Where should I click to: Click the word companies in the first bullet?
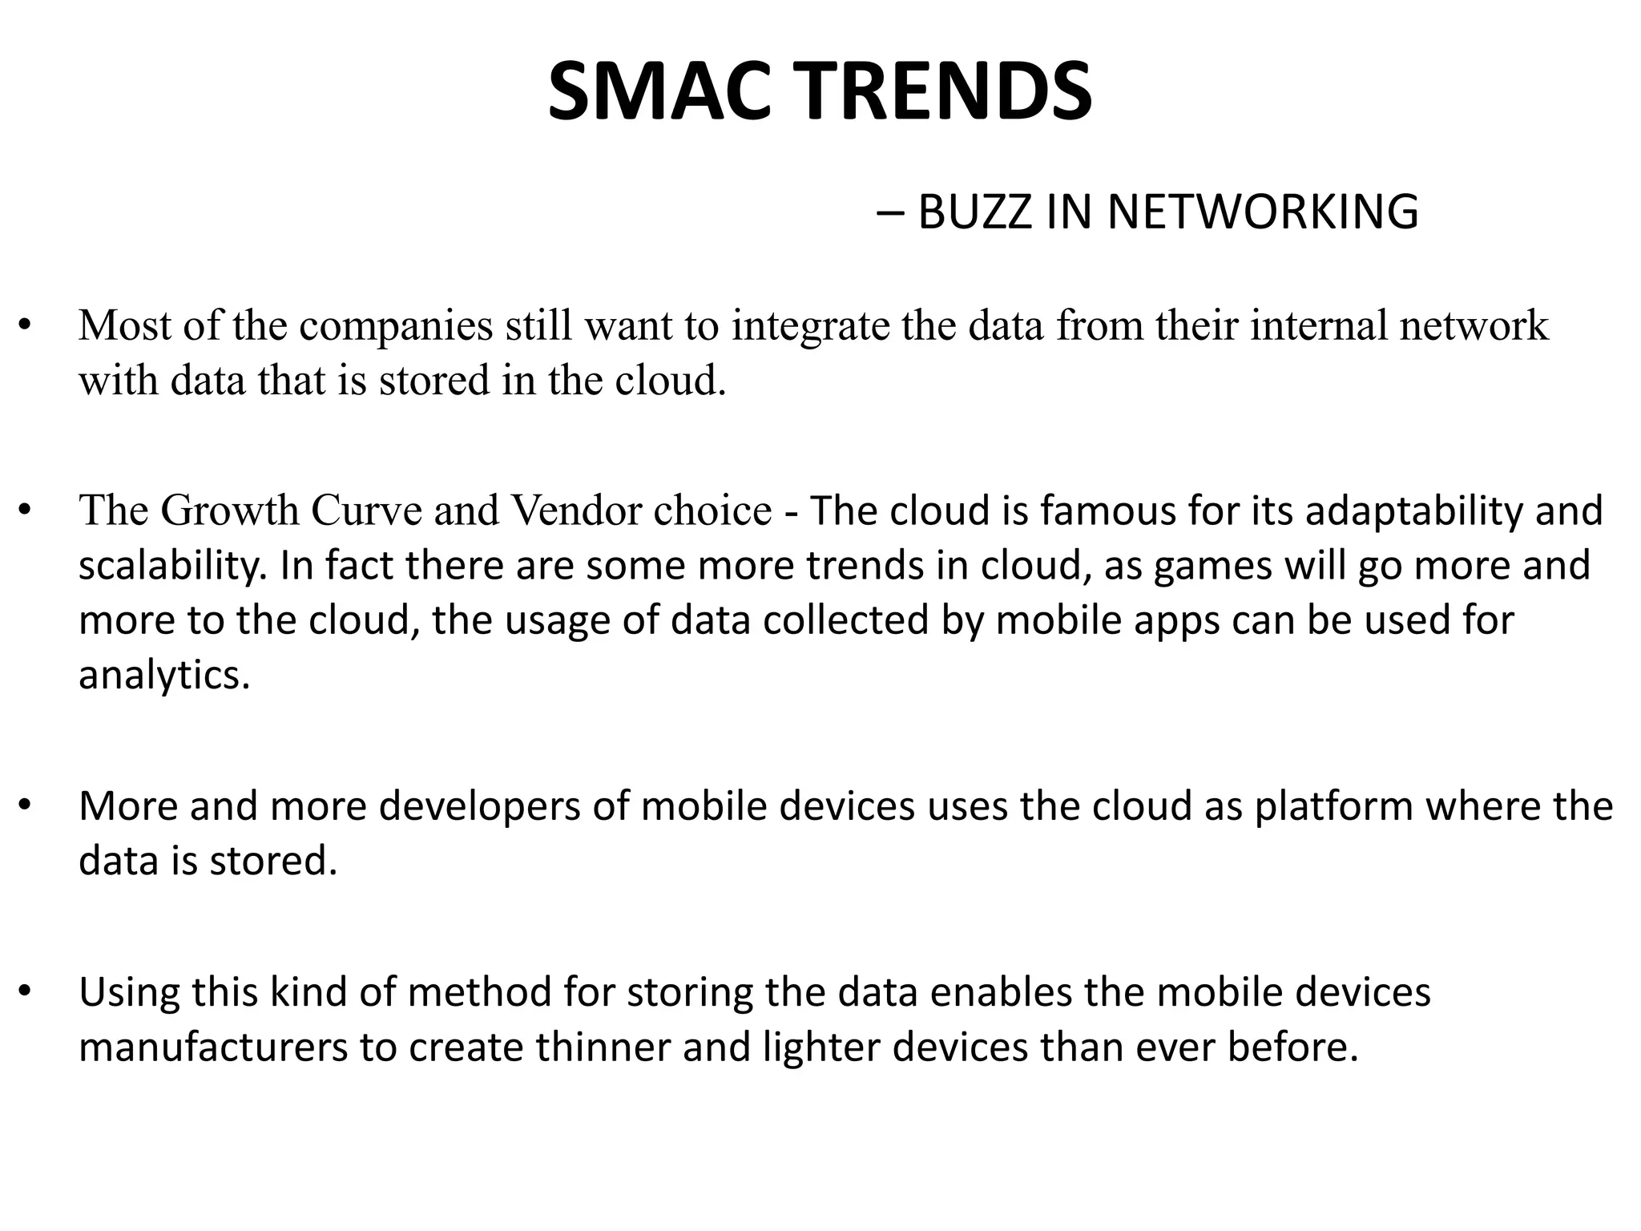click(x=397, y=326)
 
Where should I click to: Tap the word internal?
click(x=1319, y=326)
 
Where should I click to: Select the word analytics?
click(x=164, y=676)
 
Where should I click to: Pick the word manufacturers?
click(x=213, y=1047)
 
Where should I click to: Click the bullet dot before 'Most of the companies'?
click(x=25, y=326)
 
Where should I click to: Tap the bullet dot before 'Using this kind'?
click(x=25, y=993)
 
